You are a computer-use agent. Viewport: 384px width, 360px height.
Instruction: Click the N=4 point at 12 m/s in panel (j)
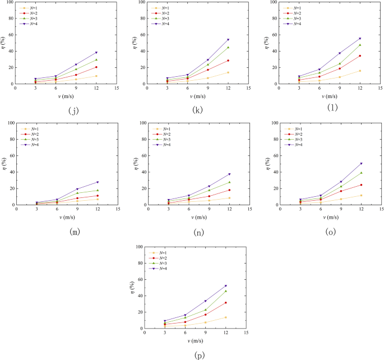click(96, 53)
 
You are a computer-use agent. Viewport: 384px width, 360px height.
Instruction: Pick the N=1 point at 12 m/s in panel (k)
click(227, 72)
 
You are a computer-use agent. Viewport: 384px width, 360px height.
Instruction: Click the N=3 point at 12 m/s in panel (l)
click(360, 45)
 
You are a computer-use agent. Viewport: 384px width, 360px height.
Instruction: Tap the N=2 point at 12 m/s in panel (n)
click(229, 190)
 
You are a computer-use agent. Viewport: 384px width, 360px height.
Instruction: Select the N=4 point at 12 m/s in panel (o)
click(361, 164)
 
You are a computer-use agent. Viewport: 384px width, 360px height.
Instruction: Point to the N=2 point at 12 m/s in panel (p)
click(225, 303)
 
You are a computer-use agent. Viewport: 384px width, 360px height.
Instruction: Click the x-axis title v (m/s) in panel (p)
click(196, 340)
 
